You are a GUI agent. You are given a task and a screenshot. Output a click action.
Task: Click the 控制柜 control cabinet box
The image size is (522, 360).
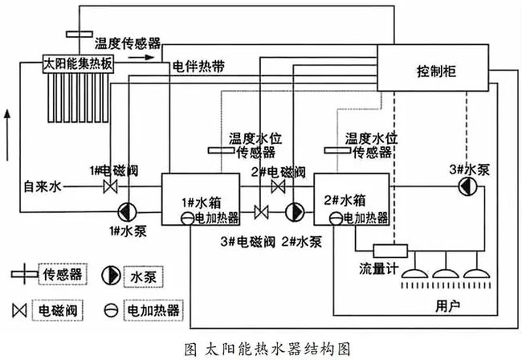[x=433, y=67]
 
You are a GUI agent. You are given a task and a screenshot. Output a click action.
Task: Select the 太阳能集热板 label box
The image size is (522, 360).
[x=78, y=63]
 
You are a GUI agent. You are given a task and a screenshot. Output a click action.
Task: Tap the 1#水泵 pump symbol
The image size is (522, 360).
[x=128, y=212]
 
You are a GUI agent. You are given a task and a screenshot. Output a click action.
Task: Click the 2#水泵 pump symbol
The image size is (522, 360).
[x=295, y=212]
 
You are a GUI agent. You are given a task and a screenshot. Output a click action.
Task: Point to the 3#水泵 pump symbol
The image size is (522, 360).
[x=467, y=186]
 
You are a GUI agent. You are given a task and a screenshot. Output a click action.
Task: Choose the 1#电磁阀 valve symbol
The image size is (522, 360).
[x=110, y=186]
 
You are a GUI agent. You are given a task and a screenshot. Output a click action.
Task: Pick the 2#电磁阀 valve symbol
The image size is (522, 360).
[x=278, y=186]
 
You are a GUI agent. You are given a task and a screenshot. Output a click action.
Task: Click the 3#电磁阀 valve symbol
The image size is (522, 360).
[x=261, y=212]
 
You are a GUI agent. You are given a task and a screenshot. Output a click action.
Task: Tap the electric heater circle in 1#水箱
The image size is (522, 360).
[x=187, y=219]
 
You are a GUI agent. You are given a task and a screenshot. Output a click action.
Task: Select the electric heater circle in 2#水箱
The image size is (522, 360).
[x=336, y=219]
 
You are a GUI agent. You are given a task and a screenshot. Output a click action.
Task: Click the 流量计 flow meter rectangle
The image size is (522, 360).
[x=390, y=251]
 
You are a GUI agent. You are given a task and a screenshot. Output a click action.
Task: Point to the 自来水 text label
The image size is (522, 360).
[x=43, y=186]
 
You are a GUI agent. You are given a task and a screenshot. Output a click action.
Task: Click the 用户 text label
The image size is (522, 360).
[x=448, y=305]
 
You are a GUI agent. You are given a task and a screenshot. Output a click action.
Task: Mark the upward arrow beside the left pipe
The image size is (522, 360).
[x=7, y=136]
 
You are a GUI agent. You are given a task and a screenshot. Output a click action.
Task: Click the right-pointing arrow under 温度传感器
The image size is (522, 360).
[x=141, y=57]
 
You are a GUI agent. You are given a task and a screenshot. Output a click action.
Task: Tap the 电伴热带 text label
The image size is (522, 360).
[x=198, y=67]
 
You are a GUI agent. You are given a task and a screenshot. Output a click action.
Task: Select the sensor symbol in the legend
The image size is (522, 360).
[x=24, y=274]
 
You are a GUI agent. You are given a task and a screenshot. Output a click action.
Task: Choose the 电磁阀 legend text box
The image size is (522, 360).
[x=58, y=310]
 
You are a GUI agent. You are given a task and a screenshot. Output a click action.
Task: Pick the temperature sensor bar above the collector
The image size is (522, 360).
[x=80, y=34]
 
